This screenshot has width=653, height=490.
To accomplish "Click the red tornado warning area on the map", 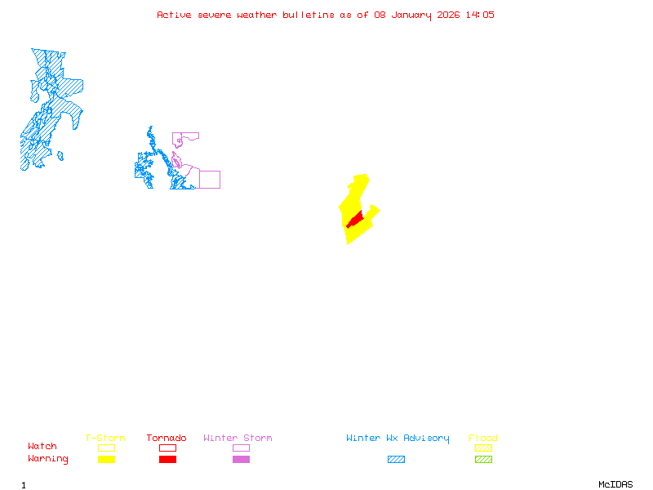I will [355, 220].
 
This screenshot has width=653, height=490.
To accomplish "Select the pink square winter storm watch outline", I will [210, 180].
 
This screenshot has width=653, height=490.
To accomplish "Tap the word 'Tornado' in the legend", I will [167, 439].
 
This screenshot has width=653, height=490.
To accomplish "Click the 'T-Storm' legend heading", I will [105, 439].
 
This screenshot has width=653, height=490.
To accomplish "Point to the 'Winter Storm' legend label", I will [238, 439].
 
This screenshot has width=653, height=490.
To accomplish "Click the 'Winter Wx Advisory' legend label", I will [398, 439].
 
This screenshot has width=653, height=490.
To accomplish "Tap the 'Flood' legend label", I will [483, 439].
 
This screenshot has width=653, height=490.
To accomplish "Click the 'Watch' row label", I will [42, 447].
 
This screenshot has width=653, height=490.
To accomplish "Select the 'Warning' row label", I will [48, 459].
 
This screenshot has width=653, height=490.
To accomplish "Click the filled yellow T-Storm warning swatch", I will [106, 460].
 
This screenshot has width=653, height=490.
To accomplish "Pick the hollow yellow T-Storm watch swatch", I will [106, 448].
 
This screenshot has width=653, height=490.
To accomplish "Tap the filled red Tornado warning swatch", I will [167, 460].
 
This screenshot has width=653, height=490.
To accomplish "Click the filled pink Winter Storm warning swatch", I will [241, 460].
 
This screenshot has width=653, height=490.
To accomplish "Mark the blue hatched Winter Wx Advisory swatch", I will [396, 460].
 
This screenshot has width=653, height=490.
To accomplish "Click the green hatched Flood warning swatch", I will [483, 460].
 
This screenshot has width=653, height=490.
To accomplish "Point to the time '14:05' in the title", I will [480, 15].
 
